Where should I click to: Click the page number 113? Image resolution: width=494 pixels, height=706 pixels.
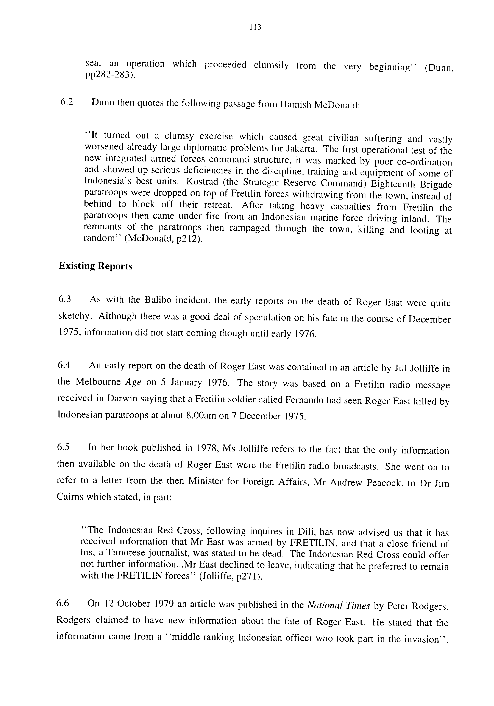tap(255, 28)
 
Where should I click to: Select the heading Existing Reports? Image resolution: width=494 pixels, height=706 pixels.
tap(95, 266)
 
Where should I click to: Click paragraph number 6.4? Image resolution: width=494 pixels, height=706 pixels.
tap(64, 365)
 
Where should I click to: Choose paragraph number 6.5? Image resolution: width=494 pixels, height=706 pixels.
tap(63, 447)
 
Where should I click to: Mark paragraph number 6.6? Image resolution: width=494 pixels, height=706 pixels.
tap(63, 603)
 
